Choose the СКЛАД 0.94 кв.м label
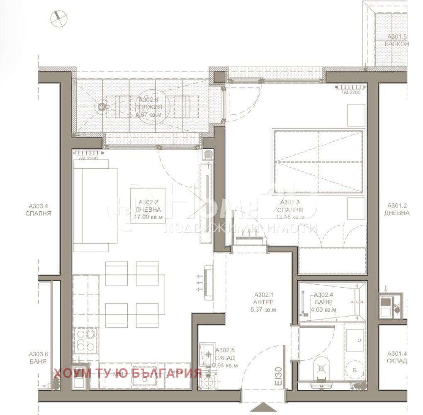point(225,358)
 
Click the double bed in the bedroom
point(318,161)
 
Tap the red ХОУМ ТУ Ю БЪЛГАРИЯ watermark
point(128,373)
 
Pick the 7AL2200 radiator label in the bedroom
point(351,93)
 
